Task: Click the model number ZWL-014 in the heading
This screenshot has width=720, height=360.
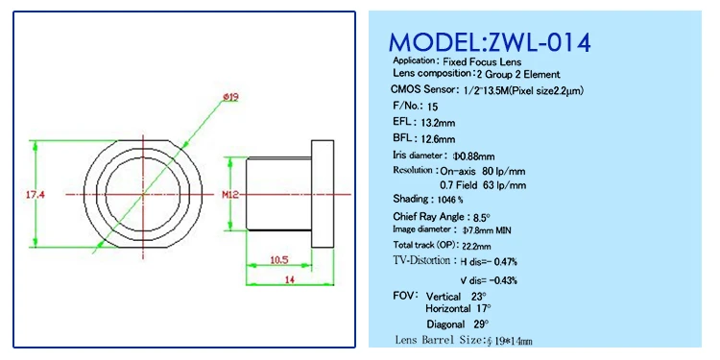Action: tap(538, 43)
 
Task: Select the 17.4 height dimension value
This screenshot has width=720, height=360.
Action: tap(35, 195)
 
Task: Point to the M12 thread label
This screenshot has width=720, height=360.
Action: tap(228, 195)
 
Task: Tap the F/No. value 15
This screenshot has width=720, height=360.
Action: tap(432, 107)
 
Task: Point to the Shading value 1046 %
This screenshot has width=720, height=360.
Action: tap(446, 200)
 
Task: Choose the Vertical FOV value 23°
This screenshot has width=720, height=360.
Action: tap(476, 297)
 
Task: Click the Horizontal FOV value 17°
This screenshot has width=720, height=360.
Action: tap(483, 309)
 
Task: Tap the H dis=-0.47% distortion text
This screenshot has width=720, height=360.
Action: tap(489, 261)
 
